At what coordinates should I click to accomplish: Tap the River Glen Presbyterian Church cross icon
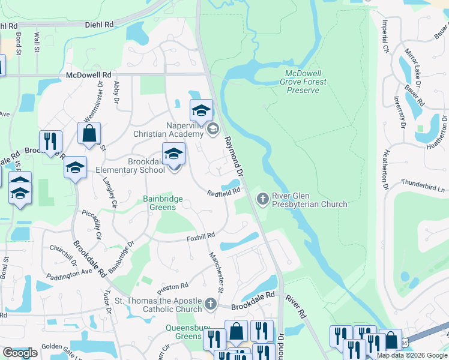click(x=262, y=198)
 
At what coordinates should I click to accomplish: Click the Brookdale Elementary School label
click(x=130, y=166)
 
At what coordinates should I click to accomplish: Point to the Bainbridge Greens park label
click(x=159, y=203)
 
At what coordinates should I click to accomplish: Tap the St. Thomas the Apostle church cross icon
click(x=210, y=304)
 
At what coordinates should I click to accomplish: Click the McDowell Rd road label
click(x=89, y=75)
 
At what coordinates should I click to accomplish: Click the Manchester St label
click(x=216, y=272)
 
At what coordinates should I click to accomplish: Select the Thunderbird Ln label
click(x=424, y=184)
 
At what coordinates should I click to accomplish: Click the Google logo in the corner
click(x=20, y=353)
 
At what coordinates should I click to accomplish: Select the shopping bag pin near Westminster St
click(x=89, y=134)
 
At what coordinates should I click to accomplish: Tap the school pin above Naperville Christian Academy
click(x=201, y=110)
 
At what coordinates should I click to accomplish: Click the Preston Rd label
click(x=174, y=286)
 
